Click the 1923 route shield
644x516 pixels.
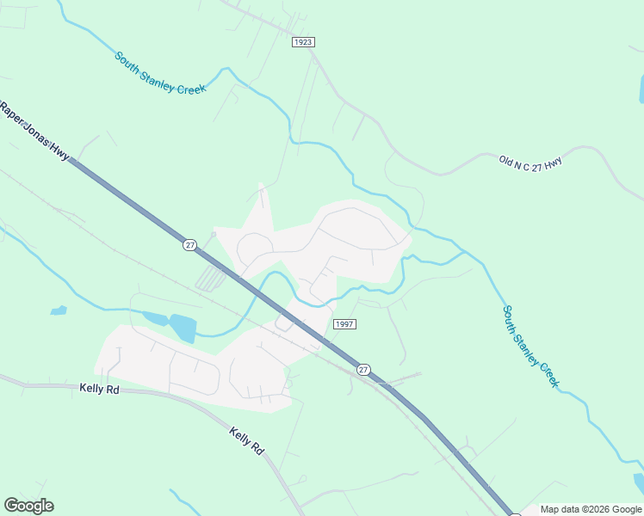pyautogui.click(x=302, y=41)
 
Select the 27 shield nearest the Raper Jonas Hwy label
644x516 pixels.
pyautogui.click(x=189, y=245)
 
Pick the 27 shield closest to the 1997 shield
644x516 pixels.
pyautogui.click(x=364, y=370)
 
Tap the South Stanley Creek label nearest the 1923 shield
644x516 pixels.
pyautogui.click(x=160, y=73)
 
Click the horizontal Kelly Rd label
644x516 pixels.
pyautogui.click(x=99, y=390)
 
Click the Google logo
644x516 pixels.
pyautogui.click(x=28, y=506)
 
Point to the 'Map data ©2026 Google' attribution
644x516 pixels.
pyautogui.click(x=590, y=509)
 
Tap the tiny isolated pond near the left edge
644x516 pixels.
pyautogui.click(x=59, y=310)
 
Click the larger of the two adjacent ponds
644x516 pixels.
pyautogui.click(x=183, y=328)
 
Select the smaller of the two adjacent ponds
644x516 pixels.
pyautogui.click(x=156, y=319)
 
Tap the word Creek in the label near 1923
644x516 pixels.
pyautogui.click(x=190, y=85)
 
